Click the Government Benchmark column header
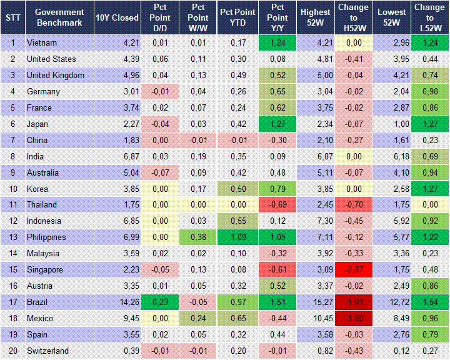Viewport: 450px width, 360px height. pyautogui.click(x=59, y=17)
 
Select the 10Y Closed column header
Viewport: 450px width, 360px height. pyautogui.click(x=117, y=17)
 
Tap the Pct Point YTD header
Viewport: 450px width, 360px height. pyautogui.click(x=237, y=17)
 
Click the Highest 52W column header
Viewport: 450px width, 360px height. pyautogui.click(x=316, y=17)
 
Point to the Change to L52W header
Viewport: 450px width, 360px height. pyautogui.click(x=429, y=17)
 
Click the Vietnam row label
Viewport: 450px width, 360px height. pyautogui.click(x=42, y=43)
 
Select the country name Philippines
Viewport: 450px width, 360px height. pyautogui.click(x=47, y=237)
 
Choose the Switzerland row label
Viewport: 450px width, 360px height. pyautogui.click(x=47, y=351)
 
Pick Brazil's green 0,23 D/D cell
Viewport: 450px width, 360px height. pyautogui.click(x=159, y=302)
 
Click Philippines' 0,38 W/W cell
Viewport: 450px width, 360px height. pyautogui.click(x=198, y=237)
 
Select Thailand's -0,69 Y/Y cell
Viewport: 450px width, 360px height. pyautogui.click(x=277, y=205)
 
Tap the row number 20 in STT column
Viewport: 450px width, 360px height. pyautogui.click(x=12, y=351)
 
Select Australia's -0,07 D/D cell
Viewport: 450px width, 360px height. pyautogui.click(x=159, y=172)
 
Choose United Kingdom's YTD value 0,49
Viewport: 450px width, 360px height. pyautogui.click(x=237, y=75)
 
